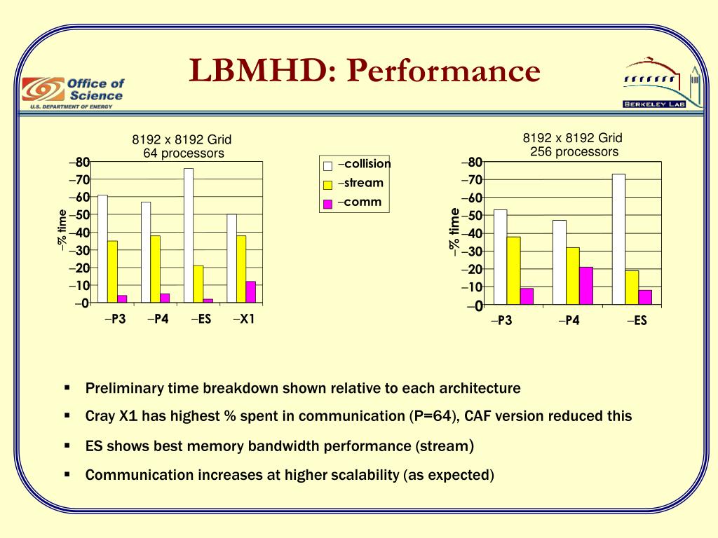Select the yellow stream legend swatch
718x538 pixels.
[327, 185]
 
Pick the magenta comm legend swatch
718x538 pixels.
[327, 204]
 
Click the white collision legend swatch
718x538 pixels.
[327, 166]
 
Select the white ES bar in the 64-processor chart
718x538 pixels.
[189, 235]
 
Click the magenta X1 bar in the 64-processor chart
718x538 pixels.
[251, 292]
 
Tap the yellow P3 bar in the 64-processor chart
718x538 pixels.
[112, 272]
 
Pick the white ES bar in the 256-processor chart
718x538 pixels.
[618, 239]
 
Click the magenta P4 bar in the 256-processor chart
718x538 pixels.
[586, 286]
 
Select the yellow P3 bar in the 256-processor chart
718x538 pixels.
[513, 270]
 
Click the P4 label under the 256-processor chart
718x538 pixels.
[569, 322]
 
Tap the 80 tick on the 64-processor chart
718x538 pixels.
[81, 163]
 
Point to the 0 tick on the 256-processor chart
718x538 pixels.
[478, 306]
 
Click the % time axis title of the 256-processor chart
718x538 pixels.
[454, 233]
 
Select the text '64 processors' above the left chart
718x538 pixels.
[183, 153]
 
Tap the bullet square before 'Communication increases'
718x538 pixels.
[67, 474]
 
